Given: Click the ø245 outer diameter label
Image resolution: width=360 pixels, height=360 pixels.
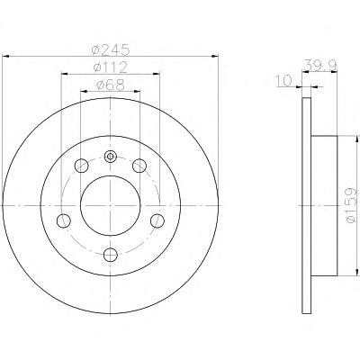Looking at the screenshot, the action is coord(111,49).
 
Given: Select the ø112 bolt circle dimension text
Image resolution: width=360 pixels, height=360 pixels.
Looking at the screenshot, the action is coord(110,67).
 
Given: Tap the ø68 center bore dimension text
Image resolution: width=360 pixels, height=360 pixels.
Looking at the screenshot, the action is coord(111,85).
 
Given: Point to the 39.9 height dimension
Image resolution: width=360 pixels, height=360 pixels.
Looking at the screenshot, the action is coord(320,65).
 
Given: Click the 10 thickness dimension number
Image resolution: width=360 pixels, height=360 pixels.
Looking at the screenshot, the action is coord(283,81).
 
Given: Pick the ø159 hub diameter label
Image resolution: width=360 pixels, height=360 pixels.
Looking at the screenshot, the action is coord(351,205).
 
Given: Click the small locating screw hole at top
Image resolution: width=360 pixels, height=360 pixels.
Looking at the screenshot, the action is coord(111,157).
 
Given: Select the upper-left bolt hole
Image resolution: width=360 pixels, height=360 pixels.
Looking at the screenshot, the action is coord(81,166).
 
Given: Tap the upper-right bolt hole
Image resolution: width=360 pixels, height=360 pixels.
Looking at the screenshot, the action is coord(139,166).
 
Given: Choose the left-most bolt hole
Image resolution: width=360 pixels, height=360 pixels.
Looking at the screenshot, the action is coord(64,220).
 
